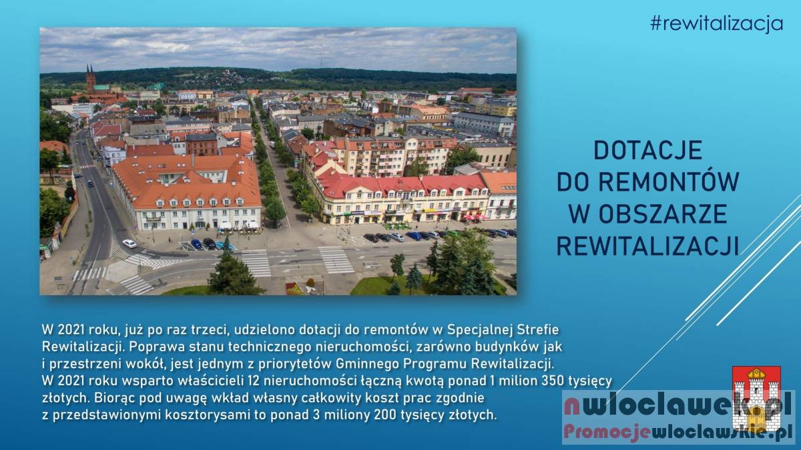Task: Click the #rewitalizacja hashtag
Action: point(717,23)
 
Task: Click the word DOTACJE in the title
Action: point(648,151)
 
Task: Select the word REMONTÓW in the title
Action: point(668,181)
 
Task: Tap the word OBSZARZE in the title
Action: point(663,214)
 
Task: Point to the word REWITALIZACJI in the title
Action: point(647,246)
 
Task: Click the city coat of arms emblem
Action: point(756,398)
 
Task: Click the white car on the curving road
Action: point(129,243)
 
